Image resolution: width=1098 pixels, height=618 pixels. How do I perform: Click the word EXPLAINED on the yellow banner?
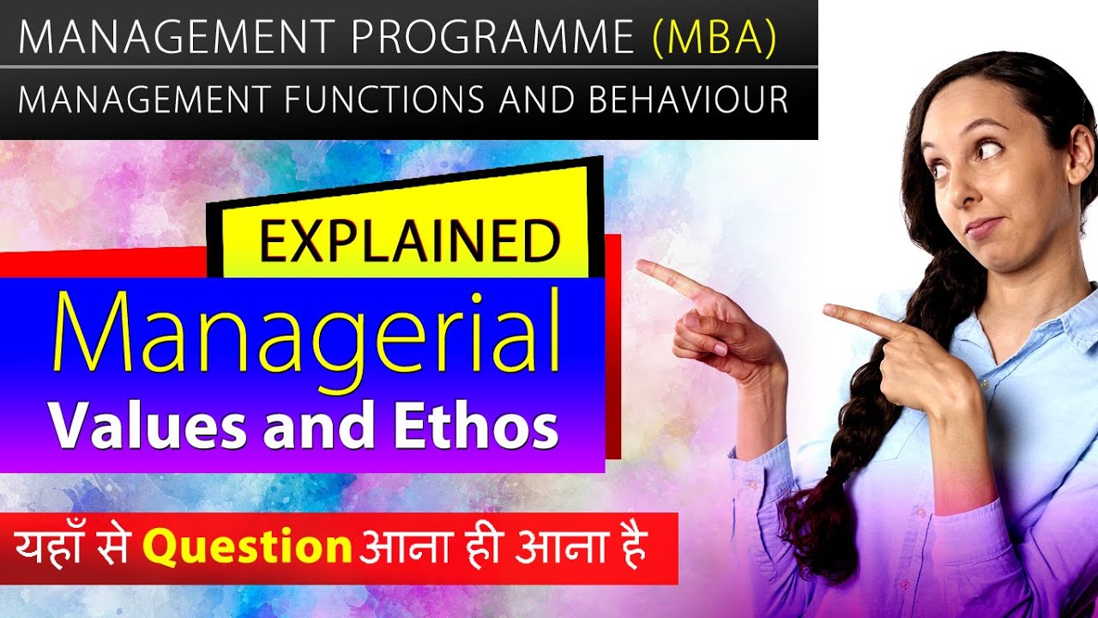pyautogui.click(x=410, y=243)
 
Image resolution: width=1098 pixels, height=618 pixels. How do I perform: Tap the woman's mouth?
pyautogui.click(x=984, y=226)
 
